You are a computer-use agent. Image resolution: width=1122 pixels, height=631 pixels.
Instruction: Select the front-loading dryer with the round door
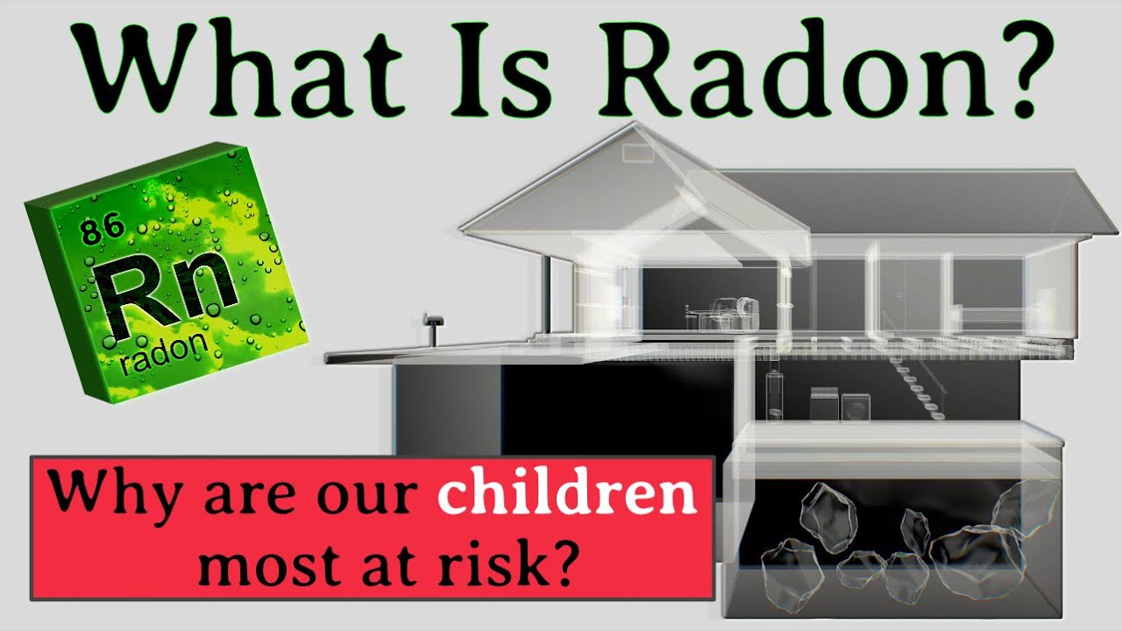point(856,408)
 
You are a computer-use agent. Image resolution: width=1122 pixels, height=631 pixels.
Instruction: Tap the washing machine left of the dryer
point(824,405)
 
